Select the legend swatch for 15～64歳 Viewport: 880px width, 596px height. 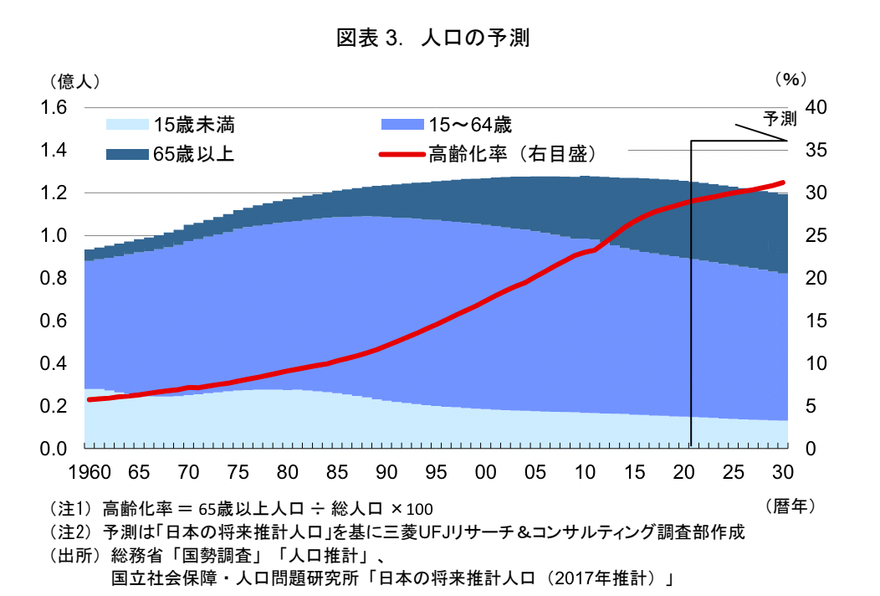pyautogui.click(x=402, y=126)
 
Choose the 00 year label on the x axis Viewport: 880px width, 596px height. pyautogui.click(x=484, y=471)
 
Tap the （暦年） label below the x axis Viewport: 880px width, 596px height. pyautogui.click(x=790, y=506)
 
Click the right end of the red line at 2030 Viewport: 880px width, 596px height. pyautogui.click(x=783, y=182)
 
